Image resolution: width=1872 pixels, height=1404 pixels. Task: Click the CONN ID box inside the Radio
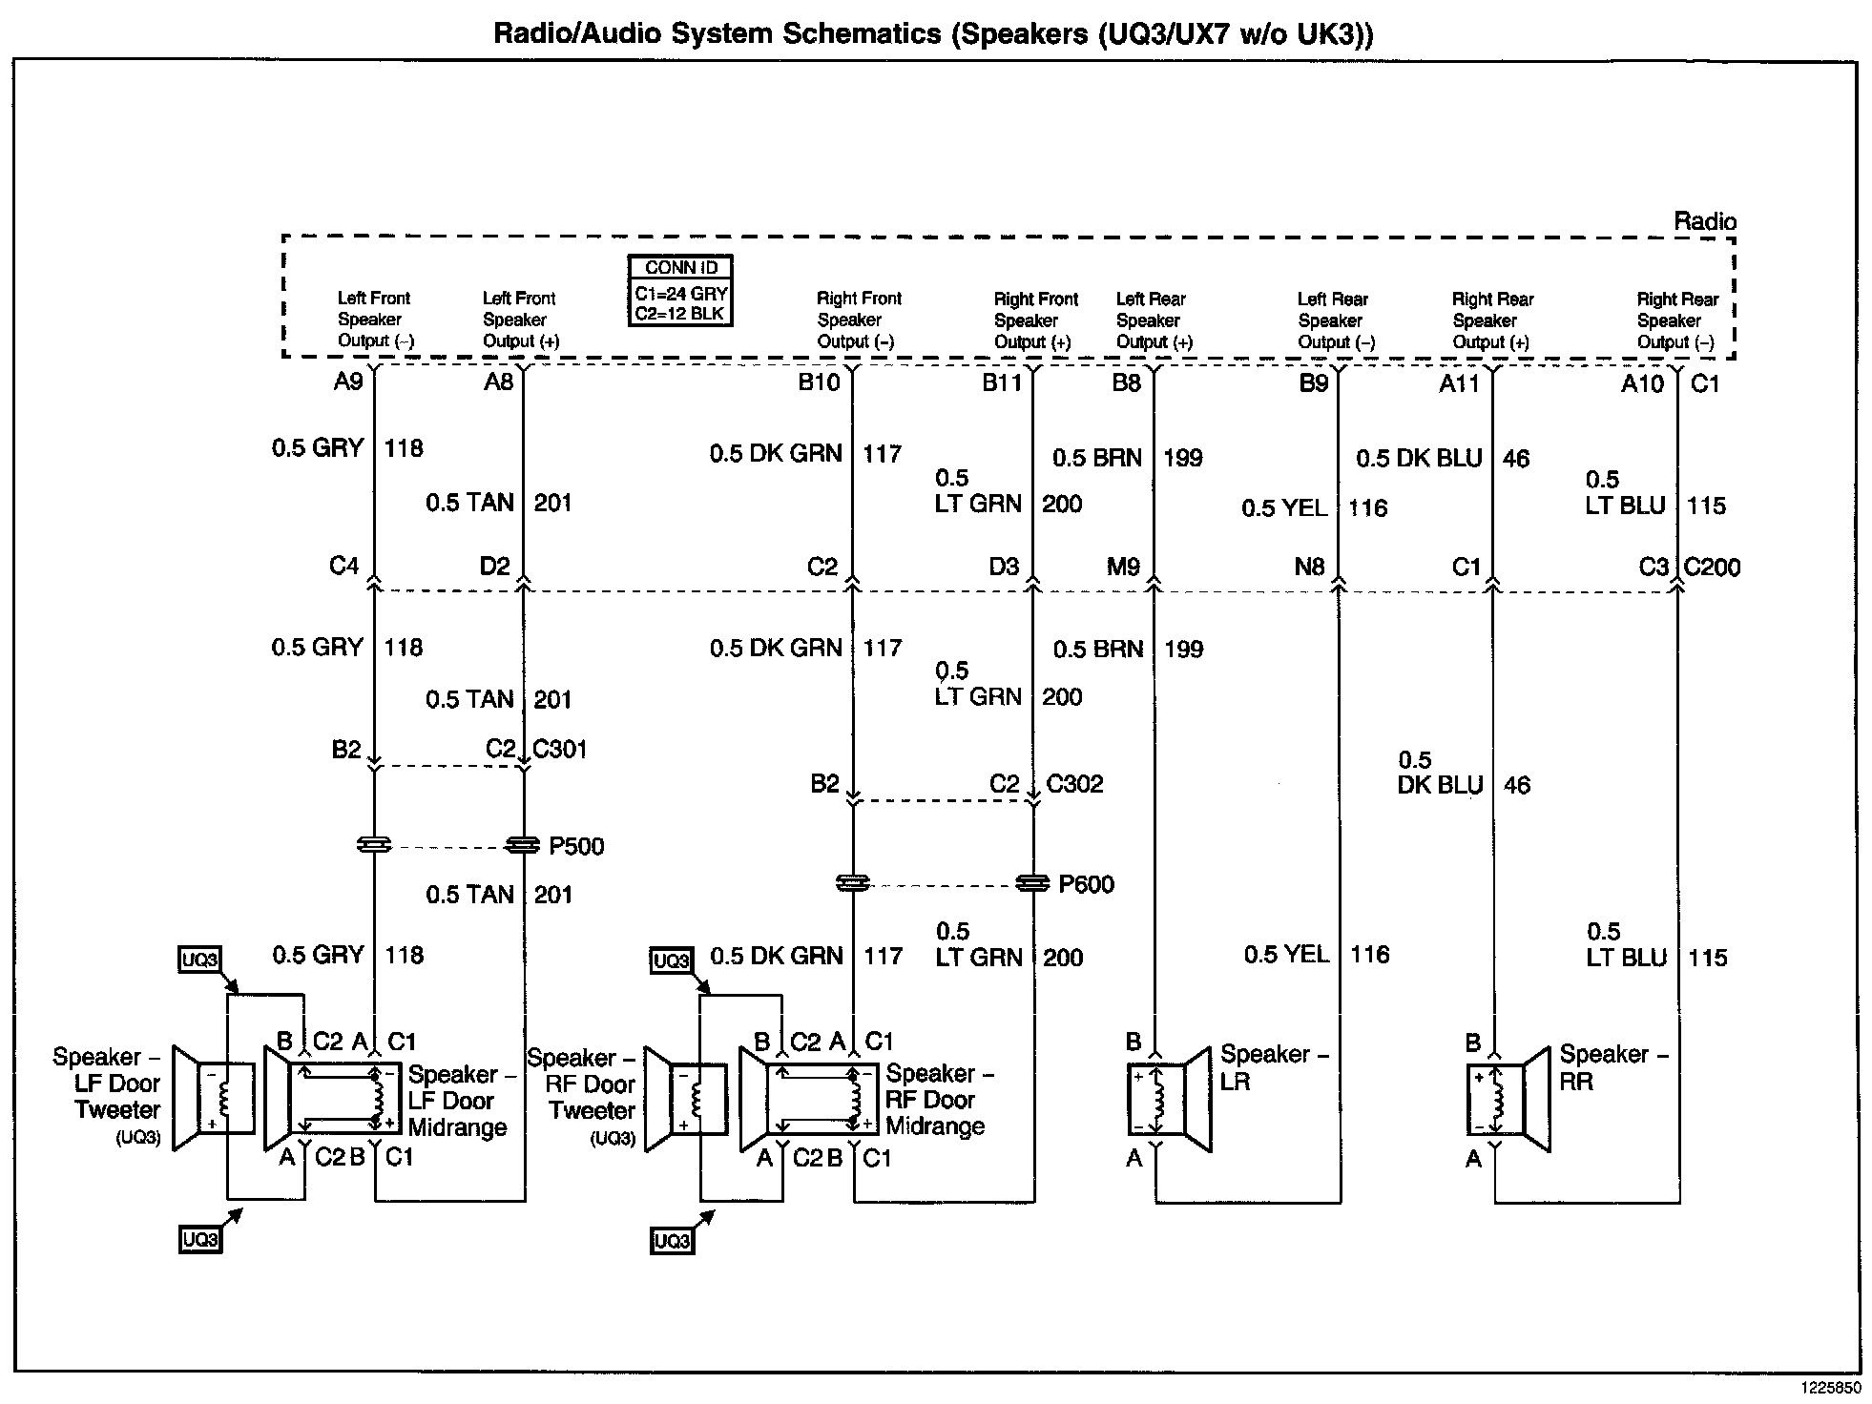coord(680,291)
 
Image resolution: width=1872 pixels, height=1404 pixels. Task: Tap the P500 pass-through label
coord(576,847)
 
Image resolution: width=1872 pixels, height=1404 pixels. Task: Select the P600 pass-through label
coord(1086,885)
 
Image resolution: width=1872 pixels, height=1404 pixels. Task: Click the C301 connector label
coord(559,750)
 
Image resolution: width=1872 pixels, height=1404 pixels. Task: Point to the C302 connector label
coord(1074,784)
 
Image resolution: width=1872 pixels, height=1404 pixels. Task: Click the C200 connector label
coord(1712,568)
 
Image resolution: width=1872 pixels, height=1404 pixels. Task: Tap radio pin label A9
coord(348,382)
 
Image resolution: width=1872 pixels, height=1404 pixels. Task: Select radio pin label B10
coord(819,383)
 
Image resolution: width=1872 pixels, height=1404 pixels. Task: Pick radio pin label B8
coord(1126,383)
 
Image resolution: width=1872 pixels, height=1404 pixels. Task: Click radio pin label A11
coord(1458,383)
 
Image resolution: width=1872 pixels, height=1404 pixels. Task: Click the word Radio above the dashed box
coord(1705,221)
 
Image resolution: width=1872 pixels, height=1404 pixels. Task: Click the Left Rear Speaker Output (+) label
coord(1154,320)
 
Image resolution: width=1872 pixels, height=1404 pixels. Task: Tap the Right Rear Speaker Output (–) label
coord(1676,320)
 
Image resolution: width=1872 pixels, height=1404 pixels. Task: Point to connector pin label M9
coord(1123,568)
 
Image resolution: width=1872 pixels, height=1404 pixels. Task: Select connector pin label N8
coord(1309,568)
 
